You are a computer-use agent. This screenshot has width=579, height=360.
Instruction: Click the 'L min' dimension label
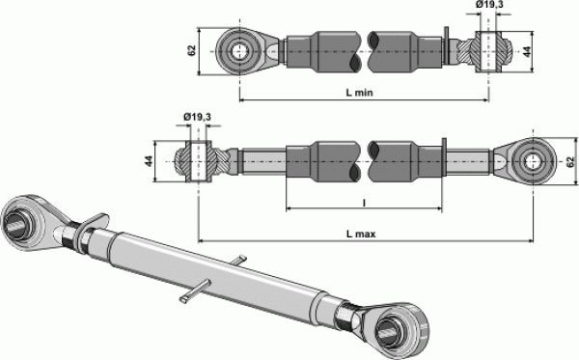coord(359,93)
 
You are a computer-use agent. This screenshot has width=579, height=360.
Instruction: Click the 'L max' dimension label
coord(361,234)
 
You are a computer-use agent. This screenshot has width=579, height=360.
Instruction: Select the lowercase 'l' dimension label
coord(364,203)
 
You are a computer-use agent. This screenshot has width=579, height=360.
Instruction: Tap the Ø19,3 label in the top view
coord(489,5)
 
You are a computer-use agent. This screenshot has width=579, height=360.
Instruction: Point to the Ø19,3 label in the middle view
coord(198,117)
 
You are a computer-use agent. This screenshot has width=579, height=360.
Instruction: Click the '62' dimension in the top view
coord(191,50)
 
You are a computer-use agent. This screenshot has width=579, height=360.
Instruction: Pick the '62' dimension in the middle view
coord(570,162)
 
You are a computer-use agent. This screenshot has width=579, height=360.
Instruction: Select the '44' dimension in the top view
coord(528,51)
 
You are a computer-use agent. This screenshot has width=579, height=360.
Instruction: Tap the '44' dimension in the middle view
coord(149,161)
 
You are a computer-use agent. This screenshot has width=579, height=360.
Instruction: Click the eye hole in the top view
coord(240,51)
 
